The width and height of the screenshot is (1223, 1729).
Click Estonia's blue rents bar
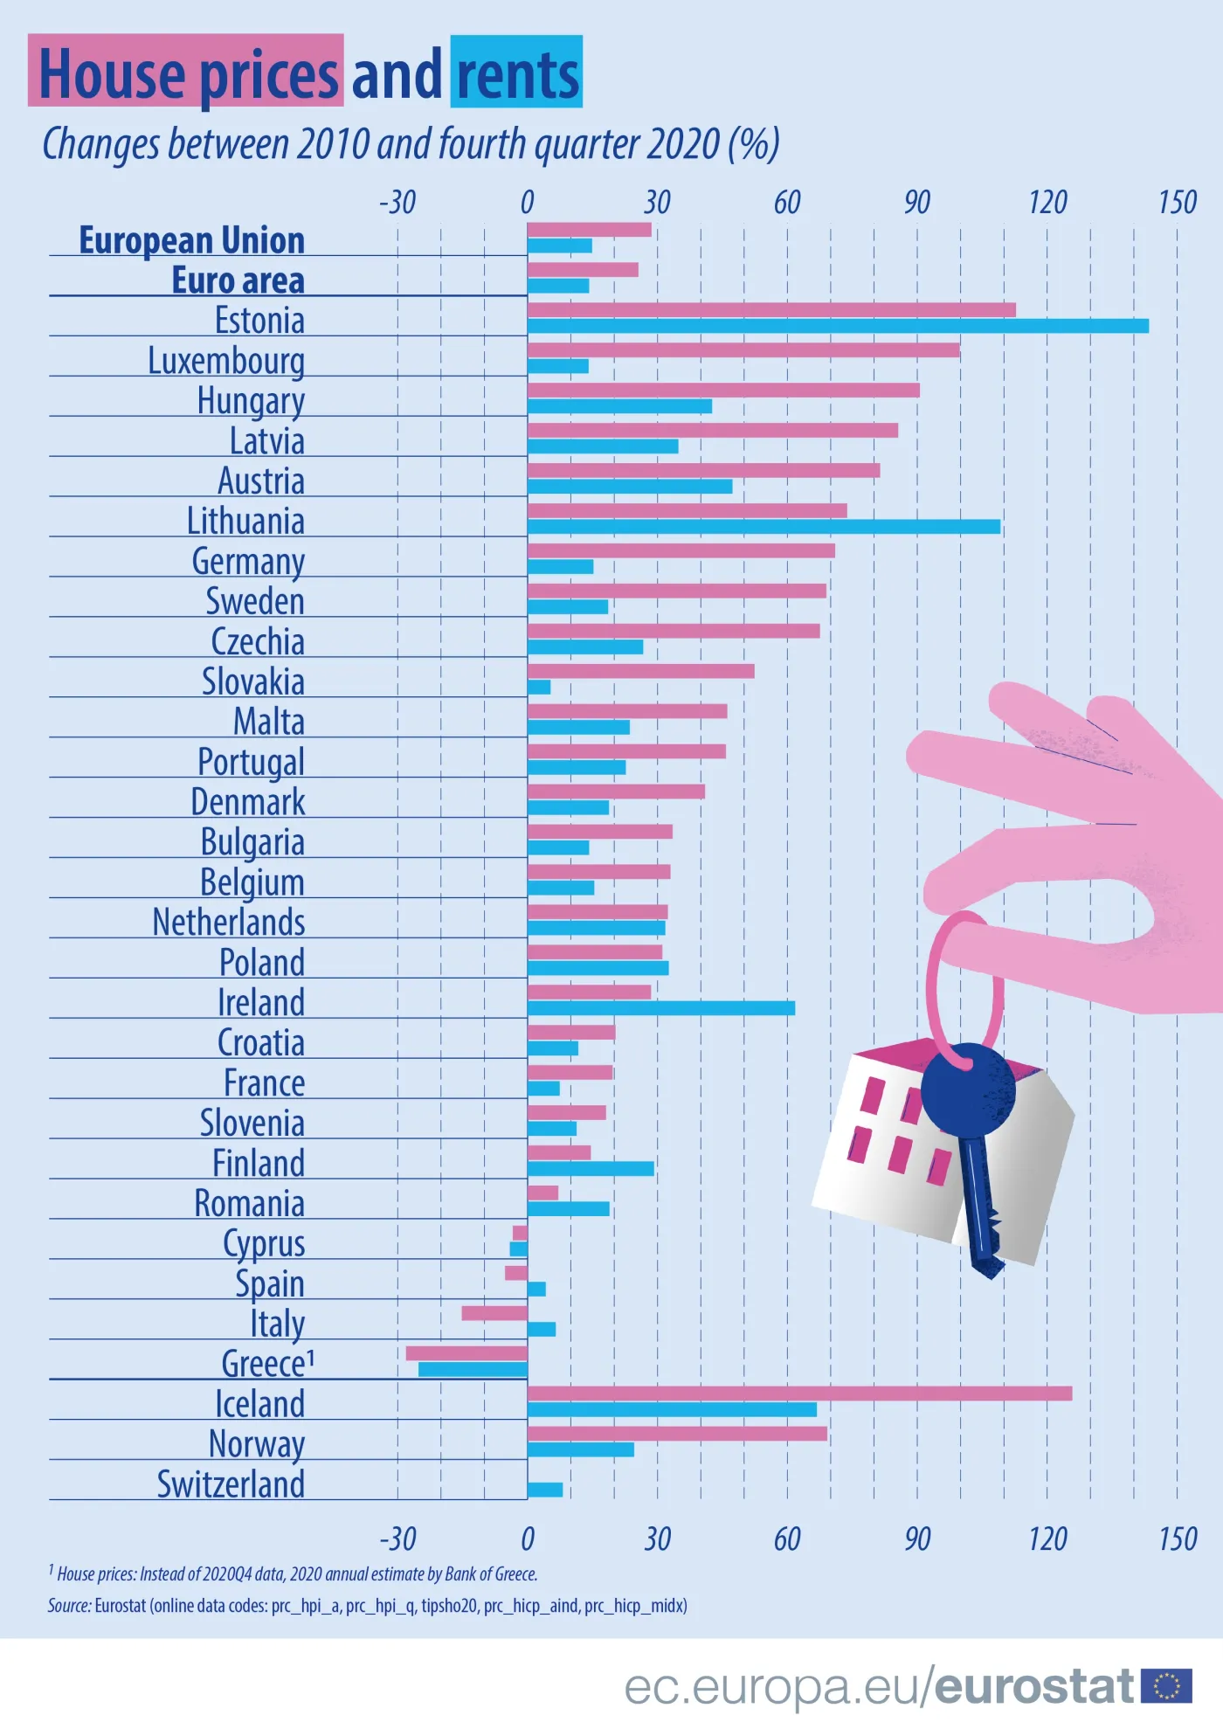coord(837,326)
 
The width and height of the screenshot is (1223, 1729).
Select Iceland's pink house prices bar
coord(799,1394)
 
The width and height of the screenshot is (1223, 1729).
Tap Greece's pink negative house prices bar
coord(466,1353)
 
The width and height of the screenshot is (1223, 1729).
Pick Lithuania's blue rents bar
coord(764,527)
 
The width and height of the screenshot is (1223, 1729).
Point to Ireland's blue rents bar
coord(660,1008)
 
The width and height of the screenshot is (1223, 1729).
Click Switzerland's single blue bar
coord(545,1490)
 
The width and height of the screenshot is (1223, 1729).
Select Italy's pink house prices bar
coord(494,1313)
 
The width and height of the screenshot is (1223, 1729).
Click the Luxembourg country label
coord(226,361)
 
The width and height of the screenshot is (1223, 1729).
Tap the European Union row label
coord(192,240)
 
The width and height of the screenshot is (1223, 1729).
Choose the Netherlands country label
coord(229,923)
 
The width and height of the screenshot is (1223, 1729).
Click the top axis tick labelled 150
coord(1177,203)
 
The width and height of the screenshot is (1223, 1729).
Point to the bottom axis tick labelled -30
coord(397,1539)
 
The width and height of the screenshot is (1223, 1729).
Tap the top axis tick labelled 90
coord(916,203)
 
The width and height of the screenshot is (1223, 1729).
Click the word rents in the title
coord(517,74)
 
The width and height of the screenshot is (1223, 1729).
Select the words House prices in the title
coord(188,74)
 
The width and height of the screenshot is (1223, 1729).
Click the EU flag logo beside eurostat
coord(1166,1685)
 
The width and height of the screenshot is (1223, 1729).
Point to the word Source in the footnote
coord(69,1606)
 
